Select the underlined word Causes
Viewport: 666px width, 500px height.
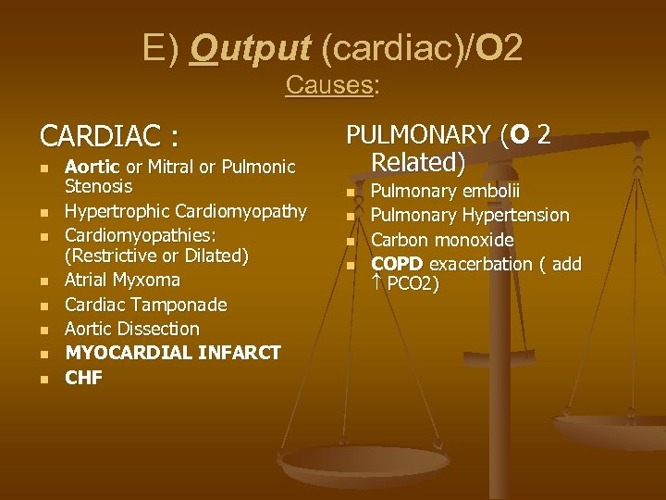[x=327, y=84]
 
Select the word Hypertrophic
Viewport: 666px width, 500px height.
[x=115, y=211]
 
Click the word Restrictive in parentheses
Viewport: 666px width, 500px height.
[x=115, y=255]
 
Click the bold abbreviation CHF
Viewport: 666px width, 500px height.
[x=83, y=378]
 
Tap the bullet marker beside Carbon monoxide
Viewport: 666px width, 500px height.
[x=351, y=241]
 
